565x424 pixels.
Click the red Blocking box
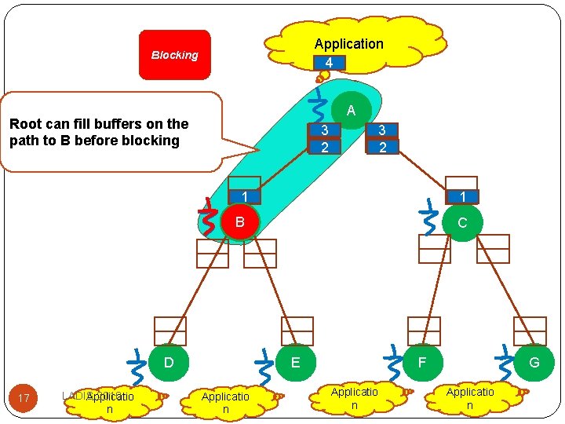point(175,55)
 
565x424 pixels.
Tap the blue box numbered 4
point(329,63)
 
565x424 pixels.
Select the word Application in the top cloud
point(348,44)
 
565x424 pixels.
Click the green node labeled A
point(351,111)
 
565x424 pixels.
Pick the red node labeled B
point(240,222)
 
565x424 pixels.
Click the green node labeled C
point(461,223)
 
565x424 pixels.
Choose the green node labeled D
point(168,363)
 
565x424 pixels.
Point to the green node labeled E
point(295,363)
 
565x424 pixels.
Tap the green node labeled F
point(422,363)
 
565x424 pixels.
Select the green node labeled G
point(534,363)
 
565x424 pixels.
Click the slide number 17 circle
point(24,398)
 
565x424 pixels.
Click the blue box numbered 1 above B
point(245,196)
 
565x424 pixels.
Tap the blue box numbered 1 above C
point(463,196)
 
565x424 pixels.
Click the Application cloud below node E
point(225,403)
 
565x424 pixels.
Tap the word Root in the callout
point(25,124)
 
